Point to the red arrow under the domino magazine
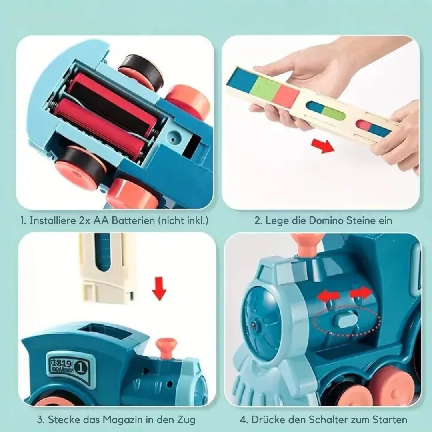pyautogui.click(x=322, y=146)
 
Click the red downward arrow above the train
pyautogui.click(x=159, y=289)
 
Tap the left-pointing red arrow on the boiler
pyautogui.click(x=328, y=296)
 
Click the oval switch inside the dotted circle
pyautogui.click(x=346, y=320)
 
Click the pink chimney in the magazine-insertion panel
pyautogui.click(x=166, y=346)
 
